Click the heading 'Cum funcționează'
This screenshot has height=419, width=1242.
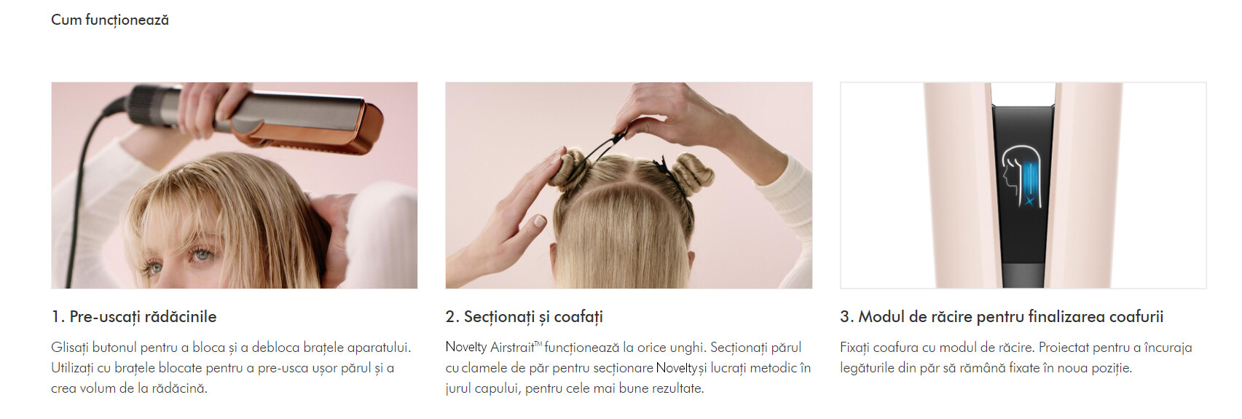(110, 20)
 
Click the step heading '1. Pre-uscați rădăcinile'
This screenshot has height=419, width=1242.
(133, 317)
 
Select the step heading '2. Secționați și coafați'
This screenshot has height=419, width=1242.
(524, 317)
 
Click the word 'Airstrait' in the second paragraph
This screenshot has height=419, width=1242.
(512, 348)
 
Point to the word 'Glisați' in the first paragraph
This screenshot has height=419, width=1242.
(70, 348)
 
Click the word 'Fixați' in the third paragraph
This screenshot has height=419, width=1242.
(854, 348)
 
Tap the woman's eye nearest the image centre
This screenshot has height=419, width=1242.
(201, 255)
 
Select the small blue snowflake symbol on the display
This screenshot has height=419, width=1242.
(1029, 201)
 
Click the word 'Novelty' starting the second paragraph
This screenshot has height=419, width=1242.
(465, 348)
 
